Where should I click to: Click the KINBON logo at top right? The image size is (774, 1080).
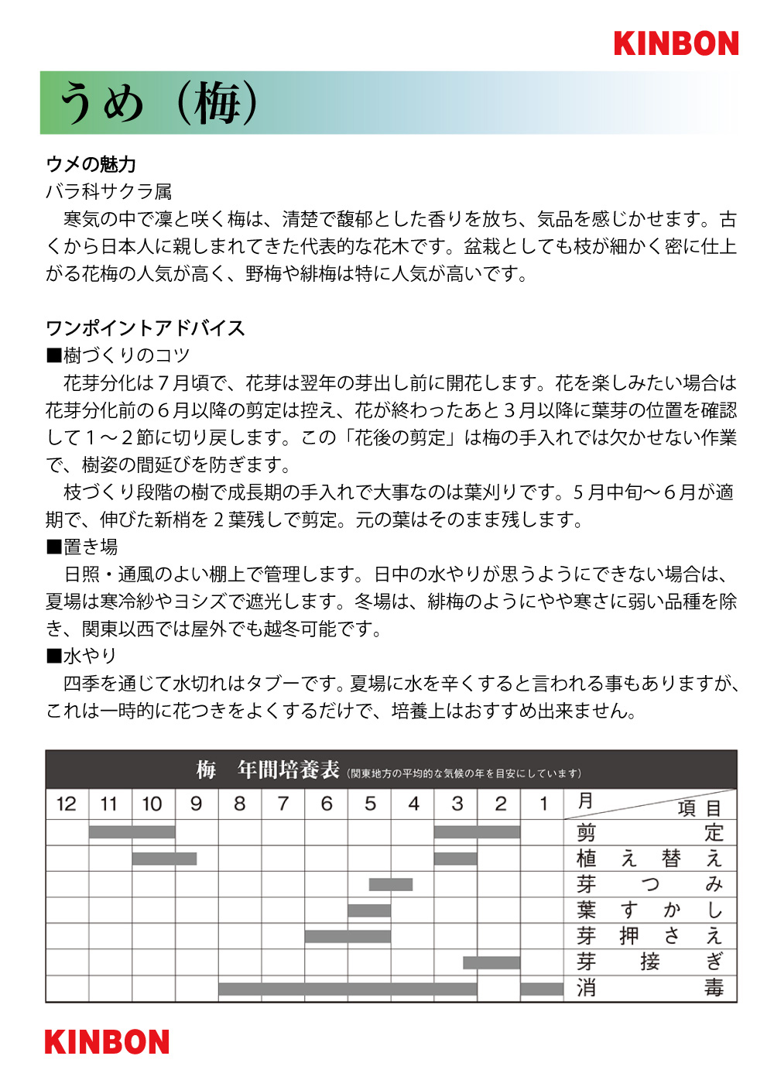pyautogui.click(x=676, y=43)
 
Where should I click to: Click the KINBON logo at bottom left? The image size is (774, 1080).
pyautogui.click(x=107, y=1042)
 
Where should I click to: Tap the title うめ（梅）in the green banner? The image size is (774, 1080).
pyautogui.click(x=159, y=103)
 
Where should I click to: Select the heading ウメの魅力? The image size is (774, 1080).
pyautogui.click(x=91, y=164)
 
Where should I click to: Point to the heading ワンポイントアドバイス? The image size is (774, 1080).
pyautogui.click(x=146, y=328)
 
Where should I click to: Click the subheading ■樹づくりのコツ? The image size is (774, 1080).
pyautogui.click(x=118, y=355)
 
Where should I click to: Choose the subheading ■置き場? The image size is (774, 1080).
pyautogui.click(x=82, y=547)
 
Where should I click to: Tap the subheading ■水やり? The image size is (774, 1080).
pyautogui.click(x=81, y=656)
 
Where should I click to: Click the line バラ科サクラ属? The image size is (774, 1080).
pyautogui.click(x=109, y=191)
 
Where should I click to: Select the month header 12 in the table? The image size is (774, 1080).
pyautogui.click(x=67, y=804)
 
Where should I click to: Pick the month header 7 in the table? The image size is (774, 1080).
pyautogui.click(x=283, y=804)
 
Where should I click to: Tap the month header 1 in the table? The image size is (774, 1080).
pyautogui.click(x=543, y=804)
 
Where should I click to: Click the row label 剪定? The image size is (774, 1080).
pyautogui.click(x=649, y=833)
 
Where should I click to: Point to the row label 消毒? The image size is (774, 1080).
pyautogui.click(x=649, y=988)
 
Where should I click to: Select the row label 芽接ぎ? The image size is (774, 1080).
pyautogui.click(x=649, y=962)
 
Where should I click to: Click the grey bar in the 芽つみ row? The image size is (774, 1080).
pyautogui.click(x=391, y=884)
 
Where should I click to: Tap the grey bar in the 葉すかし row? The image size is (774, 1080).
pyautogui.click(x=369, y=910)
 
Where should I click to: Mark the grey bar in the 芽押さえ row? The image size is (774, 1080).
pyautogui.click(x=348, y=937)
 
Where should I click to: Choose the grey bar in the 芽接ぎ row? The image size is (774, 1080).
pyautogui.click(x=491, y=962)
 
